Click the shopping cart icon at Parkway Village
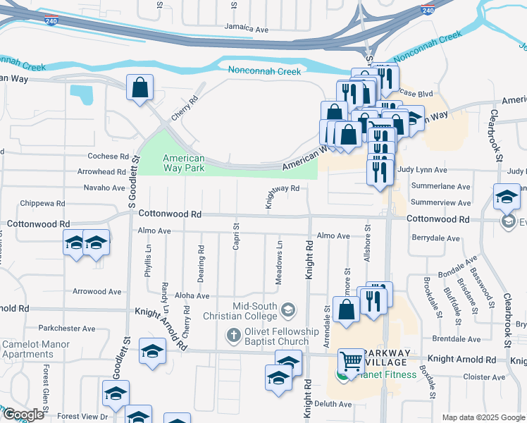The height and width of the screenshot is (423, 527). pos(350,362)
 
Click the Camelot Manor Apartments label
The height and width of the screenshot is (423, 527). pos(35,350)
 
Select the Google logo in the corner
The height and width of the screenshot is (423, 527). pos(23,415)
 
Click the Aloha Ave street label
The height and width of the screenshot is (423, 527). pos(192,297)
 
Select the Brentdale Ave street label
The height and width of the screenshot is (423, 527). pos(476,339)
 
